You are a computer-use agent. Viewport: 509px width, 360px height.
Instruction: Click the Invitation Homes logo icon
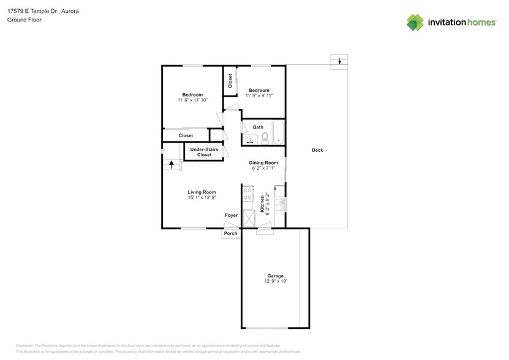pos(415,22)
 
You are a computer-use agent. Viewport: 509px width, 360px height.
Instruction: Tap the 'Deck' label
pos(317,150)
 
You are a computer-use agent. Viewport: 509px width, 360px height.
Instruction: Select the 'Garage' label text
pos(275,276)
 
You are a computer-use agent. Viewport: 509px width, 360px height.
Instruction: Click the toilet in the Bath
pos(265,138)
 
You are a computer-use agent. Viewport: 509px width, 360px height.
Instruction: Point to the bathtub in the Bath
pos(277,133)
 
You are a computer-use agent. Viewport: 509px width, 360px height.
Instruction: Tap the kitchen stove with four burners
pos(249,195)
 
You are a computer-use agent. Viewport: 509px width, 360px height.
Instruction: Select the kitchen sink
pos(279,204)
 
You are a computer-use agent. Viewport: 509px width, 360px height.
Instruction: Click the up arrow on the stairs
pos(171,164)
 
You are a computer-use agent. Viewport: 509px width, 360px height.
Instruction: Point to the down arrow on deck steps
pos(339,61)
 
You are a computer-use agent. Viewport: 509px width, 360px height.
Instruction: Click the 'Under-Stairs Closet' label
pos(204,152)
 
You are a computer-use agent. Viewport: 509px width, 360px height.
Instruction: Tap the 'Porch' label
pos(230,233)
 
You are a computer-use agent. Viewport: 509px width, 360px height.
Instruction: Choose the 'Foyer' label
pos(231,216)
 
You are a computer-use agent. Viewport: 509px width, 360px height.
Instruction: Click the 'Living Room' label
pos(202,192)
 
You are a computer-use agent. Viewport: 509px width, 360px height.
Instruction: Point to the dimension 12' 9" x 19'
pos(275,281)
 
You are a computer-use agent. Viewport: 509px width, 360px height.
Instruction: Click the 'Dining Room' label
pos(263,162)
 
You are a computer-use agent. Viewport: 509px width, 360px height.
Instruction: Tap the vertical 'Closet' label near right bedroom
pos(230,81)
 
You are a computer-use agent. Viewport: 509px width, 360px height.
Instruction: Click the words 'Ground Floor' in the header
pos(24,20)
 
